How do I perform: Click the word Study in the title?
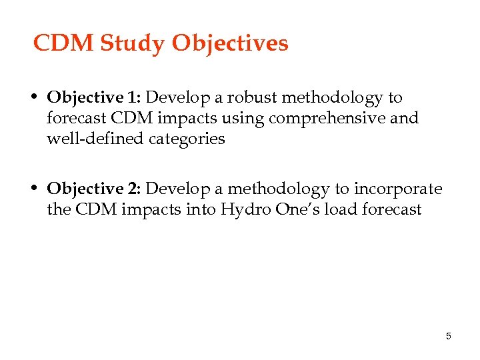[133, 43]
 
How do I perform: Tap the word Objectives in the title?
[230, 43]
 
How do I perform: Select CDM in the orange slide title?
[64, 43]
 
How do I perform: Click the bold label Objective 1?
[94, 97]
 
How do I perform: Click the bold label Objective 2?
[94, 189]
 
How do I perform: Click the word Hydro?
[245, 210]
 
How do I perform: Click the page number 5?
[449, 336]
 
